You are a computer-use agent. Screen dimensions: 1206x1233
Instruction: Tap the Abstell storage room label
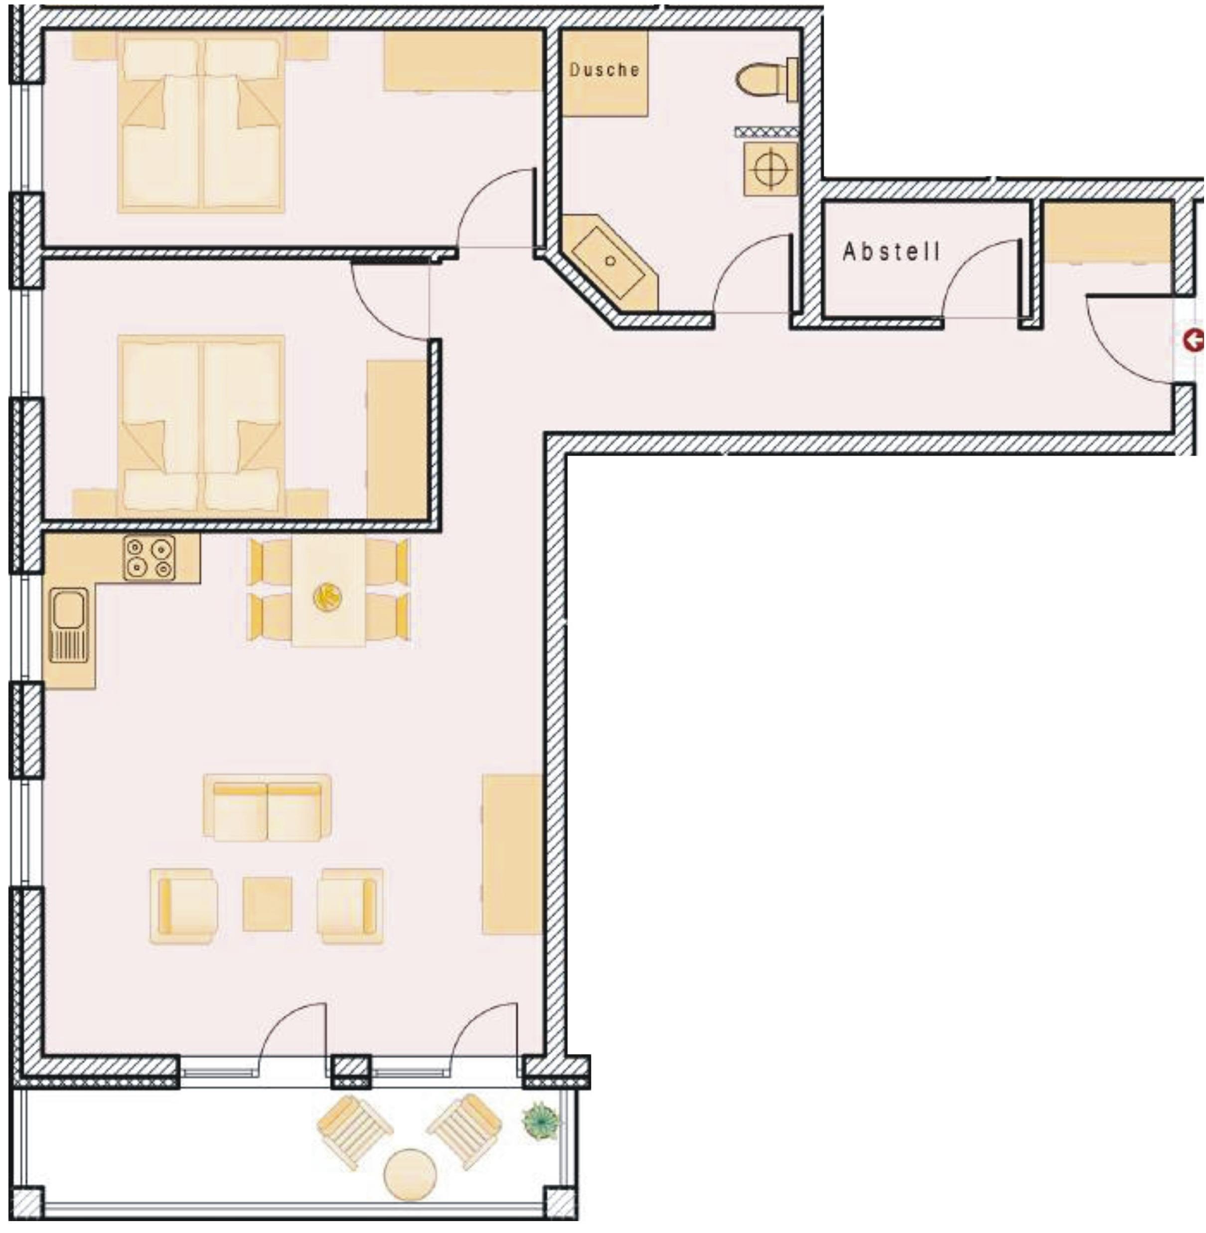[x=891, y=252]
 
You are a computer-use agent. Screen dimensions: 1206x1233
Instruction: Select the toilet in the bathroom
[x=767, y=80]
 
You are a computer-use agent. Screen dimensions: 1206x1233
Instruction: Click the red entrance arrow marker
[x=1194, y=341]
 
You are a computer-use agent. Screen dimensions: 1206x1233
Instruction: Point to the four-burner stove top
[x=150, y=558]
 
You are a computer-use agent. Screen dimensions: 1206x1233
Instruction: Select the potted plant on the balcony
[x=540, y=1121]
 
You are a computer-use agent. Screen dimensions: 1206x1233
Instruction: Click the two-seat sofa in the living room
[x=267, y=808]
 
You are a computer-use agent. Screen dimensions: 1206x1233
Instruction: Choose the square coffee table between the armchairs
[x=267, y=904]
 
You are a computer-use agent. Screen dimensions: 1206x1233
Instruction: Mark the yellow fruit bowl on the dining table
[x=327, y=597]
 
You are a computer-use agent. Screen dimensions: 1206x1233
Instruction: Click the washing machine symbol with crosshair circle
[x=771, y=169]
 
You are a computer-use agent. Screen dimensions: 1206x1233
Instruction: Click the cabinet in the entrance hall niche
[x=1106, y=232]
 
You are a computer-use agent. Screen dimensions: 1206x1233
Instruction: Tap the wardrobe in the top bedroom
[x=463, y=61]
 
